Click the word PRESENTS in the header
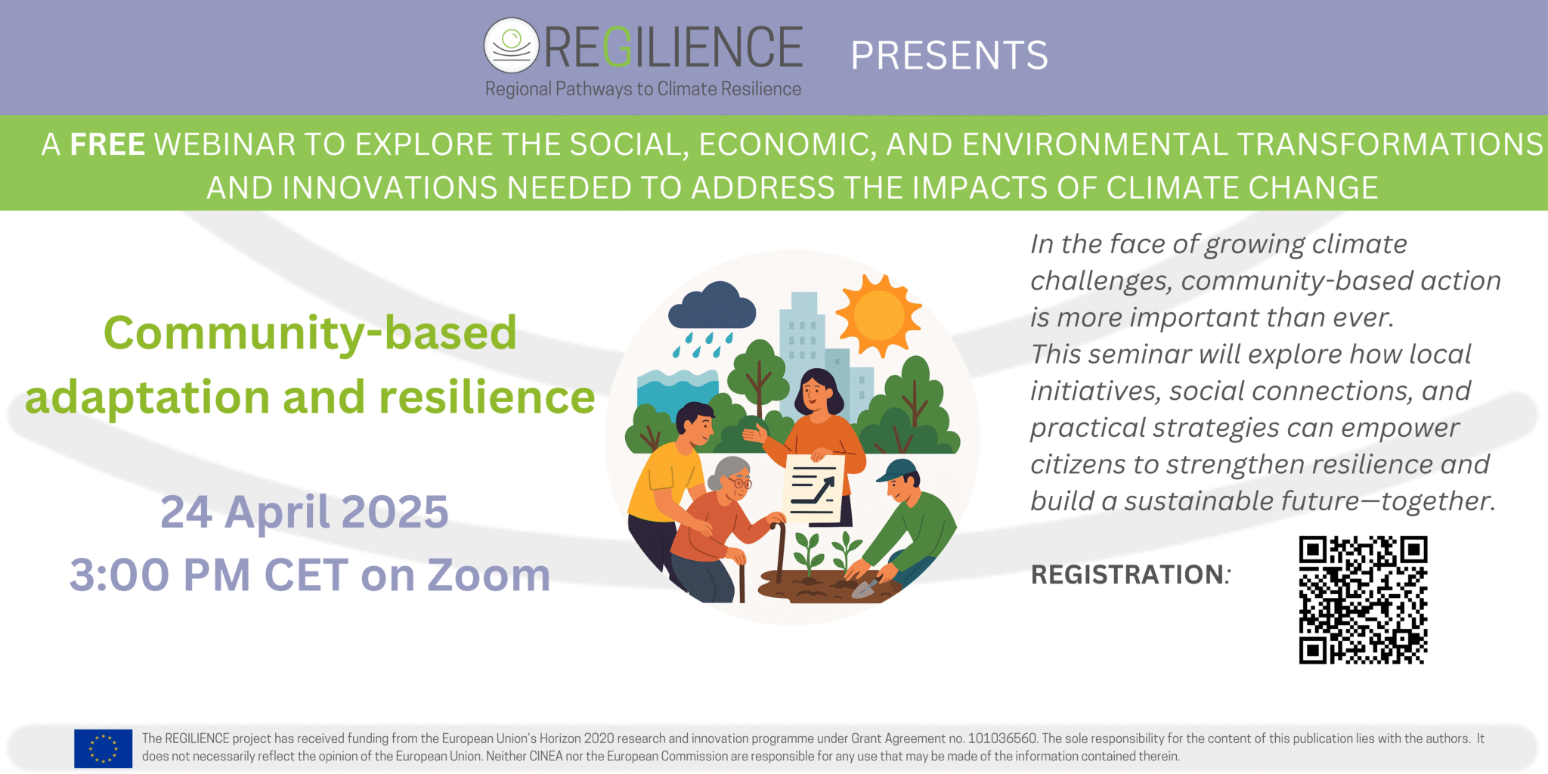[949, 55]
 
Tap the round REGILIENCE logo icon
[511, 45]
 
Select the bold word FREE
[107, 144]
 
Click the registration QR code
[1363, 600]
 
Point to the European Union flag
[103, 748]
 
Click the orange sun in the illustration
[878, 315]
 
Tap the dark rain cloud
[712, 307]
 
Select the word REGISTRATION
[1128, 574]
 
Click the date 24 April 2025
[305, 512]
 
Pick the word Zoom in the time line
[489, 575]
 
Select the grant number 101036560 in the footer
[1002, 738]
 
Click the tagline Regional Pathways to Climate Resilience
[642, 89]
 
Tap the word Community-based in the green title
[310, 333]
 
